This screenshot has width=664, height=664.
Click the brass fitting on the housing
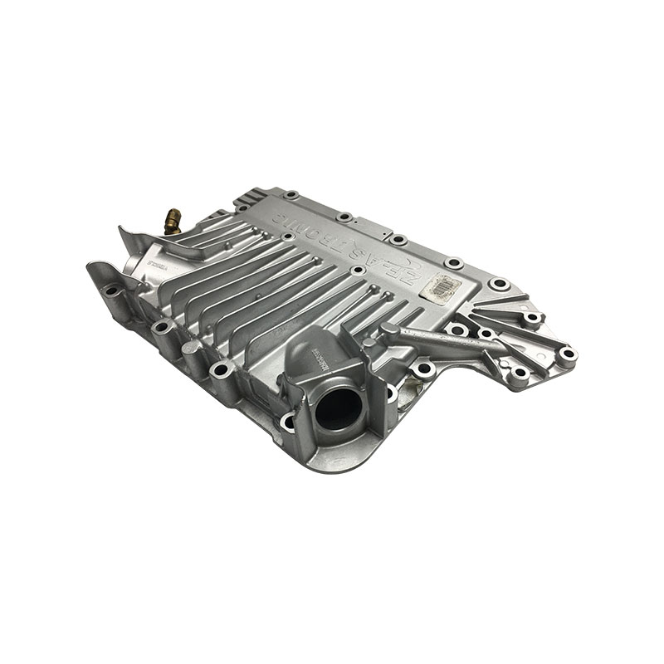171,219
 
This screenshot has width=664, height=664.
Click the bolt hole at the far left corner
111,290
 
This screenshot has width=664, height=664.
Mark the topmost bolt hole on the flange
290,196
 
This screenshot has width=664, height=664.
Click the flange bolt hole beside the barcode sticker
498,284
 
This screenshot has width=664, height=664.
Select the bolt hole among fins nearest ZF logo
358,271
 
